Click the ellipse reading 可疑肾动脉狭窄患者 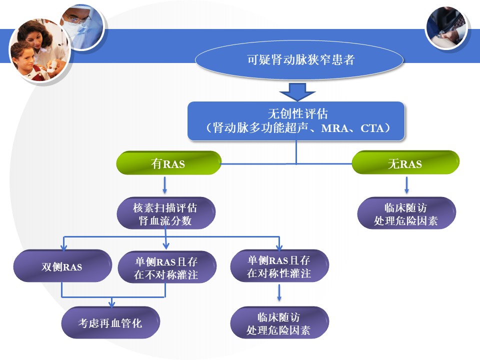coord(299,59)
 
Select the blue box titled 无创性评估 coord(296,121)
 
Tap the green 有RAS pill coord(168,163)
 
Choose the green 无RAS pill coord(405,162)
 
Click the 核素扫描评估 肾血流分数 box coord(166,213)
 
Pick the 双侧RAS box coord(62,266)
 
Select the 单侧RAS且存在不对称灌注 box coord(167,267)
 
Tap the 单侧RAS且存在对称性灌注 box coord(279,265)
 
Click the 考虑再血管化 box coord(110,322)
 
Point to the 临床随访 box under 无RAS coord(406,213)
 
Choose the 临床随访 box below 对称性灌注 coord(279,322)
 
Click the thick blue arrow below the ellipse coord(297,92)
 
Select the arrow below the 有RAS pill coord(164,185)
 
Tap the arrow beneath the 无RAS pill coord(406,185)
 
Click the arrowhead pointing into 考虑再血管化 coord(111,304)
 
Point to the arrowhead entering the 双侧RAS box coord(63,247)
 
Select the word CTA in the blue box coord(372,128)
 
